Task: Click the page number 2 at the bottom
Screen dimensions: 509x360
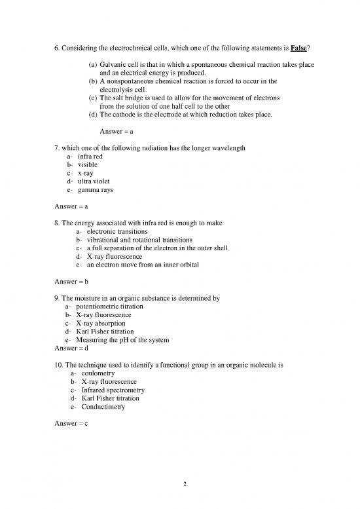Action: click(185, 484)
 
